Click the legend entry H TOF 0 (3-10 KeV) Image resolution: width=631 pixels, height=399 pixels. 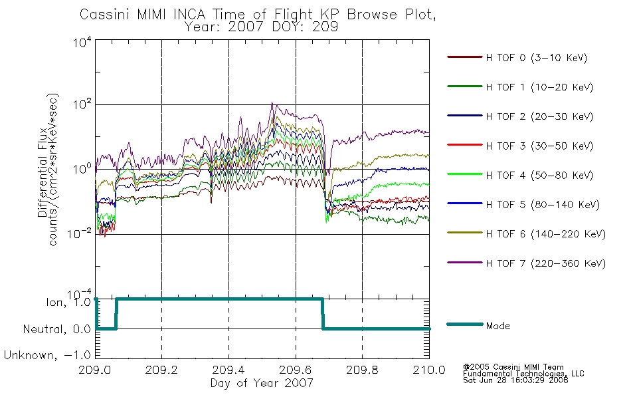[x=537, y=58]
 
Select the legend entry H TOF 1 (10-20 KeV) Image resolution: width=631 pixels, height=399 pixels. [x=539, y=87]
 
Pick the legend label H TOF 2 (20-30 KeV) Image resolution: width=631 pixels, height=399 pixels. [x=539, y=116]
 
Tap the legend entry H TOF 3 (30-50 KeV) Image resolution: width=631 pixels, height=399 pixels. [x=539, y=146]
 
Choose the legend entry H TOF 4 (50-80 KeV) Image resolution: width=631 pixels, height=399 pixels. [x=539, y=176]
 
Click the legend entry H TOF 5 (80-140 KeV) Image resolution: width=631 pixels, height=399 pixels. [x=543, y=205]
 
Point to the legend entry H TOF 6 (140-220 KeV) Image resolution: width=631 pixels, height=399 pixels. [x=545, y=234]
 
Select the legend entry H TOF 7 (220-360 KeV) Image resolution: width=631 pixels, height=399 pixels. [x=545, y=263]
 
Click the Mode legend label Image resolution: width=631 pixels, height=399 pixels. [x=497, y=326]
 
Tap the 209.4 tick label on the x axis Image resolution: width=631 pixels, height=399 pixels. [x=228, y=370]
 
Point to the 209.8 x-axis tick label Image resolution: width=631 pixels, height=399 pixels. [x=362, y=370]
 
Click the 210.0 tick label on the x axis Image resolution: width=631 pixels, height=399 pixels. [x=429, y=370]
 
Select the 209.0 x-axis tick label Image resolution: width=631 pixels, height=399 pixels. [x=94, y=370]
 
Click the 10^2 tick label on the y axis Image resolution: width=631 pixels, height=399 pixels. [x=82, y=105]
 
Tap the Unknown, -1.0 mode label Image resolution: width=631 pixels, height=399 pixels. [x=47, y=355]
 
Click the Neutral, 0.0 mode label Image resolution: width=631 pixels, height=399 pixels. [x=56, y=329]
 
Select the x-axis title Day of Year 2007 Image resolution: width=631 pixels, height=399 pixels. [x=262, y=382]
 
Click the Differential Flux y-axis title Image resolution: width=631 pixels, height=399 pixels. [x=43, y=172]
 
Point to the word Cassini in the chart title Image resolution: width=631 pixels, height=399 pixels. [x=105, y=15]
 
